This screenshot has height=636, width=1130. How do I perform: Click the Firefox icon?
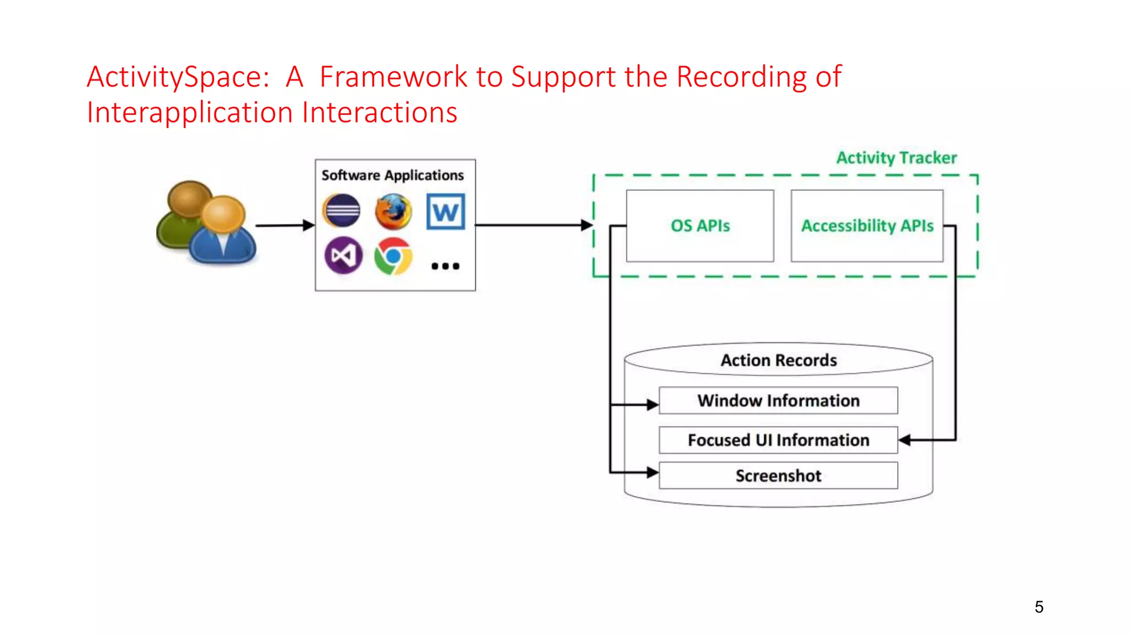click(x=393, y=211)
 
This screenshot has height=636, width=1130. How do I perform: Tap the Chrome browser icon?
click(x=393, y=256)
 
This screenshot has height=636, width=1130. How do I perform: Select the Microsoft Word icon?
click(x=446, y=211)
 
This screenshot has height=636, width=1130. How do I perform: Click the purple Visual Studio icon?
click(x=343, y=256)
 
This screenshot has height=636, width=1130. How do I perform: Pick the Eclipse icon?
click(x=342, y=211)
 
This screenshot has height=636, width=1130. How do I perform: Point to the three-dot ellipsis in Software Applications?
click(x=445, y=266)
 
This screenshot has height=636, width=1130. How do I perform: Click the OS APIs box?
click(x=700, y=226)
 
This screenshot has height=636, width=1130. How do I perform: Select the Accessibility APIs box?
click(x=867, y=226)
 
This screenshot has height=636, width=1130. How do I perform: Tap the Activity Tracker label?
click(x=896, y=158)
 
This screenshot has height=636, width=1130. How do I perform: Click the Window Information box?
click(x=778, y=400)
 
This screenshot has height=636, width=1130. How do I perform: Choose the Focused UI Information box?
click(x=778, y=440)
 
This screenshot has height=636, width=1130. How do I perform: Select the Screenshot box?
click(x=778, y=475)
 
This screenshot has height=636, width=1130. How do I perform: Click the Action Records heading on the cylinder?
click(x=779, y=361)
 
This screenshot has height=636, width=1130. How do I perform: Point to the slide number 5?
click(x=1039, y=607)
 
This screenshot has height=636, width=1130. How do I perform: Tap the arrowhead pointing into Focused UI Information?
click(x=905, y=440)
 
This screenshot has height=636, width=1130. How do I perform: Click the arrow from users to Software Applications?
click(x=284, y=225)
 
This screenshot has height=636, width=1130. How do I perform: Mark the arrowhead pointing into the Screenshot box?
click(x=653, y=473)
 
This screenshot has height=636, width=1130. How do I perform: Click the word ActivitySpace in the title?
click(x=178, y=77)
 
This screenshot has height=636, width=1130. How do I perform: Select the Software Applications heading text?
click(x=392, y=175)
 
